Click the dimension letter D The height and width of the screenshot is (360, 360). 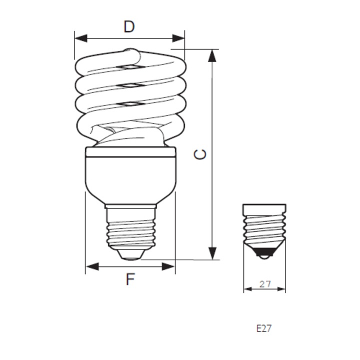(x=129, y=26)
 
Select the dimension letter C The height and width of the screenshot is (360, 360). (x=200, y=154)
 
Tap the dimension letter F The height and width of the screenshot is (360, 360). (x=130, y=279)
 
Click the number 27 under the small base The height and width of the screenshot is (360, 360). (x=265, y=284)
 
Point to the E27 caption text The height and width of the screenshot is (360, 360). (x=264, y=328)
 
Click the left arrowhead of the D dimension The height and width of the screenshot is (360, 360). (x=81, y=38)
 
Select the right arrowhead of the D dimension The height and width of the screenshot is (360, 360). (x=178, y=38)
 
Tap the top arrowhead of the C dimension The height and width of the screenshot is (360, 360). (x=212, y=56)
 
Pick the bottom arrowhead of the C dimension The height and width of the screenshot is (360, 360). (x=212, y=253)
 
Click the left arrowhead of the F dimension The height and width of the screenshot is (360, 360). (x=92, y=266)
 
